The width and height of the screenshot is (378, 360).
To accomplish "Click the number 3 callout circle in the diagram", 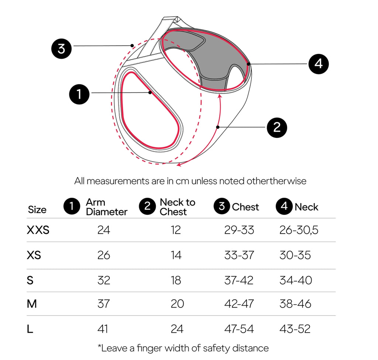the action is (x=62, y=48).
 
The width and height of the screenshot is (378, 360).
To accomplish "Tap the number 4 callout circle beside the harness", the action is (x=319, y=64).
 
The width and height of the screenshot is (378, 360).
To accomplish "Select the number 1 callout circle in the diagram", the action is (x=79, y=94).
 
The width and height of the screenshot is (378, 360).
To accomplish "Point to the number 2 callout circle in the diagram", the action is (x=277, y=128).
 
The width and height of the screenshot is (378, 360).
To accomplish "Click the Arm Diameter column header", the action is (x=107, y=207).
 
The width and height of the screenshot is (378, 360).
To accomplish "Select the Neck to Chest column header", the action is (x=178, y=207).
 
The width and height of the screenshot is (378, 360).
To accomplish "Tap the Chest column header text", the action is (x=245, y=207).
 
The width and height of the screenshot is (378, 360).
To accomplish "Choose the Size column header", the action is (x=37, y=210).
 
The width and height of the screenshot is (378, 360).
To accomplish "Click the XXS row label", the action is (x=38, y=230).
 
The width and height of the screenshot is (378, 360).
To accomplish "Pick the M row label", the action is (x=32, y=303).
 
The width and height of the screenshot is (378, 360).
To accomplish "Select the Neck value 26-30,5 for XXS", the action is (x=299, y=230).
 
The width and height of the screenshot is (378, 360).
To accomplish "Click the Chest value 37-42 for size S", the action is (x=239, y=280).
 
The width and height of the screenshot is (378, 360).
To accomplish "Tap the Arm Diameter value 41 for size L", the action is (x=103, y=329).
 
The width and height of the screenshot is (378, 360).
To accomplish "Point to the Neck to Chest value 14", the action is (x=176, y=255).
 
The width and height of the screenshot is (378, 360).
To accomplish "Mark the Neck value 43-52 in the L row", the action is (x=295, y=329).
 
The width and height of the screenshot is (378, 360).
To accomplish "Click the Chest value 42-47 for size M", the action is (x=239, y=303).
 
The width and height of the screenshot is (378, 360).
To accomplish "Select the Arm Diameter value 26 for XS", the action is (x=104, y=255).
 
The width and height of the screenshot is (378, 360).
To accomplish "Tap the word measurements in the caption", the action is (x=118, y=181).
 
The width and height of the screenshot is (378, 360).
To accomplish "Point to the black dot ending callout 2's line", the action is (x=218, y=127).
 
